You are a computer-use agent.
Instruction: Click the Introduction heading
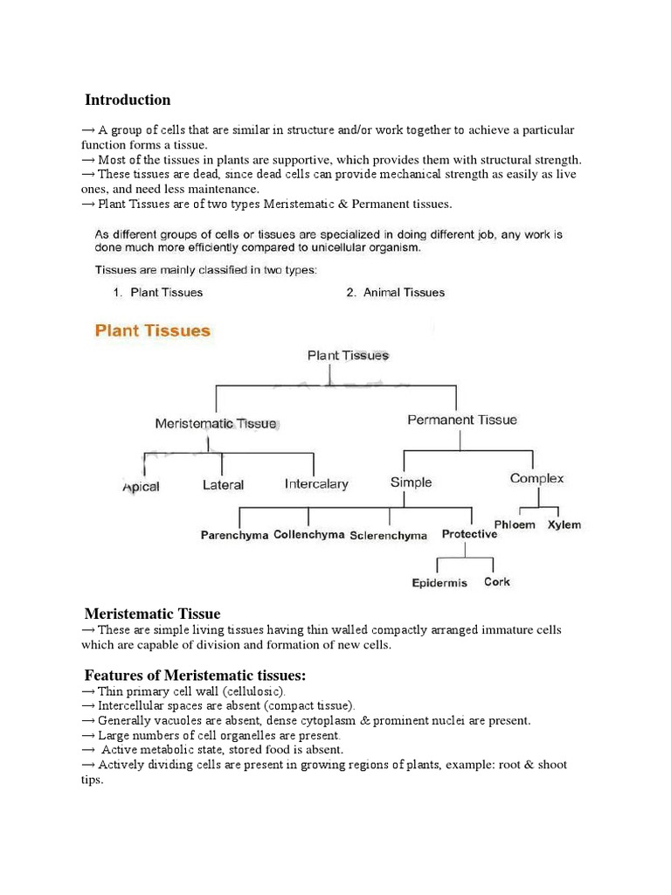tap(128, 100)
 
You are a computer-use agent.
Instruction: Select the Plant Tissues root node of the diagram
tap(348, 356)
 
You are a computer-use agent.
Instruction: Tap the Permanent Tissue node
tap(462, 420)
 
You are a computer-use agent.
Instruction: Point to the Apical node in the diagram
tap(141, 487)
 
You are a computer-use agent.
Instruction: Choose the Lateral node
tap(223, 484)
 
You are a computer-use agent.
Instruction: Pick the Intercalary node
tap(316, 484)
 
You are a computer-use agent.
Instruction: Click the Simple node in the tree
tap(411, 482)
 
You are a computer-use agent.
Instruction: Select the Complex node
tap(536, 479)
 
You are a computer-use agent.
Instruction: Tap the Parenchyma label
tap(234, 535)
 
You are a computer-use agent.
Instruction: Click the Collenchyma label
tap(308, 534)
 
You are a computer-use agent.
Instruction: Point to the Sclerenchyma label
tap(389, 535)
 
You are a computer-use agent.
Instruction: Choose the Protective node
tap(469, 534)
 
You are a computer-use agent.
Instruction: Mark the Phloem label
tap(515, 525)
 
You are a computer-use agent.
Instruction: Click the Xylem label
tap(564, 525)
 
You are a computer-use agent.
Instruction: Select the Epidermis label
tap(439, 583)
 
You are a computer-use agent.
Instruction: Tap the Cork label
tap(497, 582)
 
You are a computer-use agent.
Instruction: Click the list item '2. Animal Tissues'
tap(395, 293)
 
